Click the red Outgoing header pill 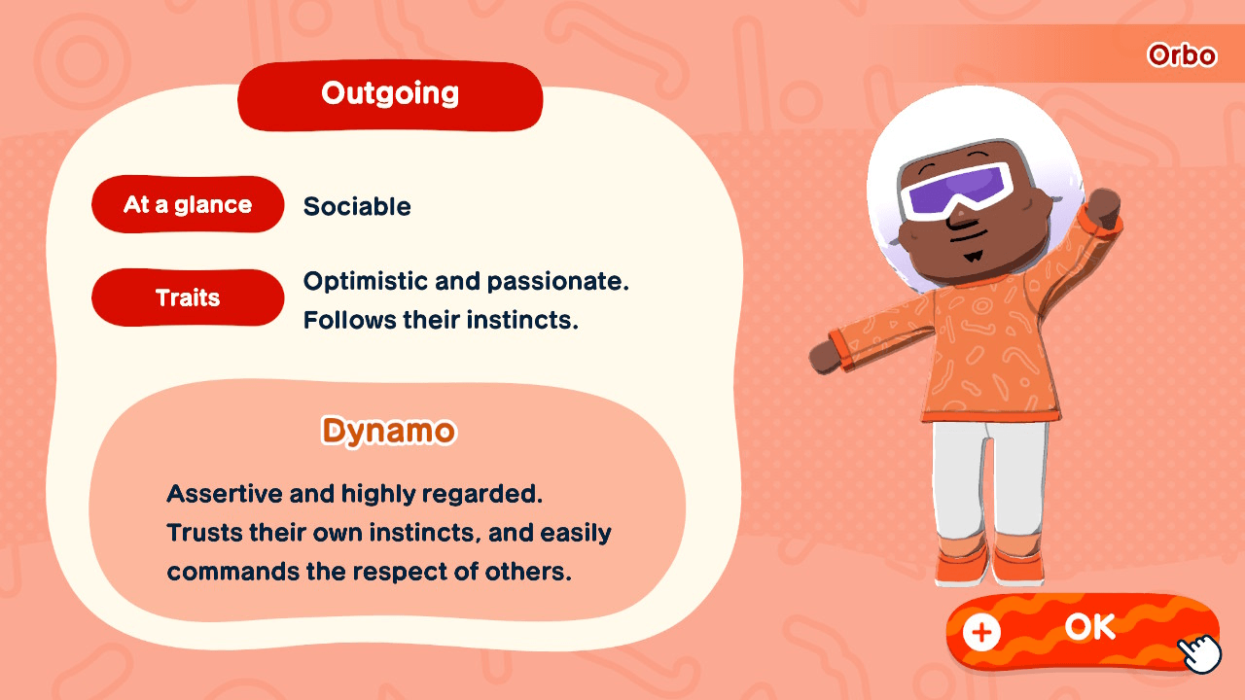coord(390,94)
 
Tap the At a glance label coord(188,205)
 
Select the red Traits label coord(188,297)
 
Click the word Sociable coord(357,207)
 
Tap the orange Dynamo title coord(388,431)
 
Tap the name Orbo coord(1182,55)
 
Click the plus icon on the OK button coord(981,633)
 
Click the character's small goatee coord(971,258)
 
